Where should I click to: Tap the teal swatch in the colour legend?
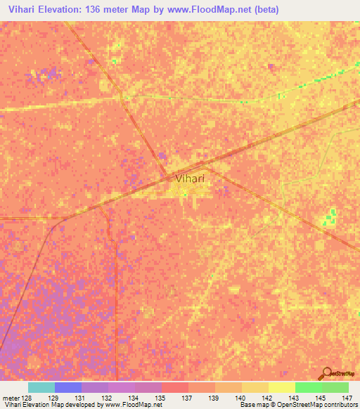pyautogui.click(x=41, y=387)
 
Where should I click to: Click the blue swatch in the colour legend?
pyautogui.click(x=68, y=387)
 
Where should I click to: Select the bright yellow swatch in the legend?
pyautogui.click(x=281, y=387)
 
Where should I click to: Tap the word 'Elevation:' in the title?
pyautogui.click(x=65, y=10)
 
